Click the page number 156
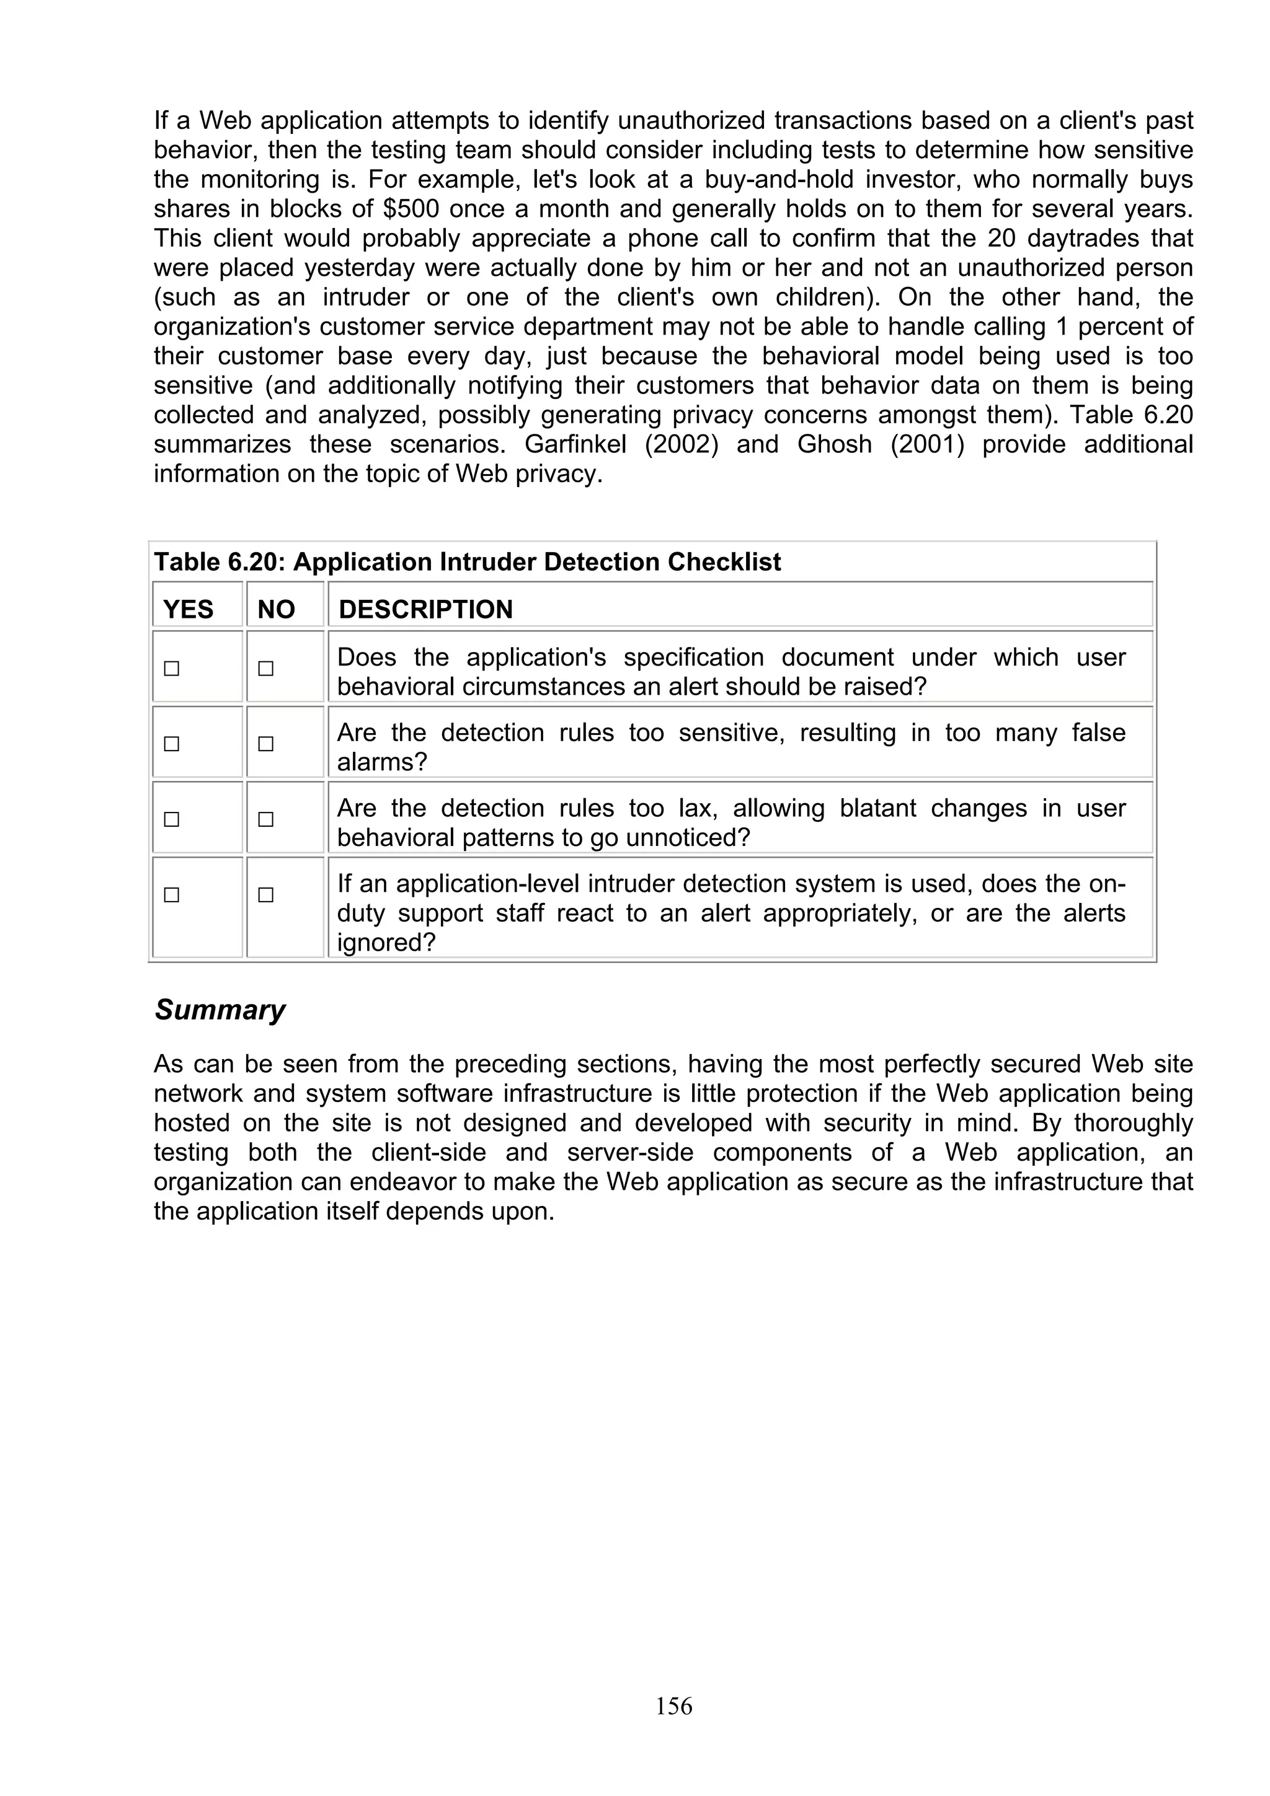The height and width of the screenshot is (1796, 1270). click(673, 1706)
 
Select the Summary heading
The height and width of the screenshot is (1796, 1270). click(220, 1010)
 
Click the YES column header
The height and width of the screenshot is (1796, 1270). click(188, 609)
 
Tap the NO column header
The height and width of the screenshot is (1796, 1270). click(276, 609)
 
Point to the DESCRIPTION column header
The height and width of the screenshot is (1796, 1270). click(425, 609)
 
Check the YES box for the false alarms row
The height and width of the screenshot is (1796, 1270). click(171, 744)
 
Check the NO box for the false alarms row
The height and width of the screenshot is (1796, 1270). click(266, 744)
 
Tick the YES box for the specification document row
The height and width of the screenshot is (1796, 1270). click(171, 669)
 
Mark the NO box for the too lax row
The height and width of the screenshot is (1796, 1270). click(266, 820)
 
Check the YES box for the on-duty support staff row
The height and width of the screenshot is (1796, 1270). click(171, 895)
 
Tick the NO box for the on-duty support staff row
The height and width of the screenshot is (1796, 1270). click(266, 895)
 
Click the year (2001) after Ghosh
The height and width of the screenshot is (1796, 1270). click(926, 444)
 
